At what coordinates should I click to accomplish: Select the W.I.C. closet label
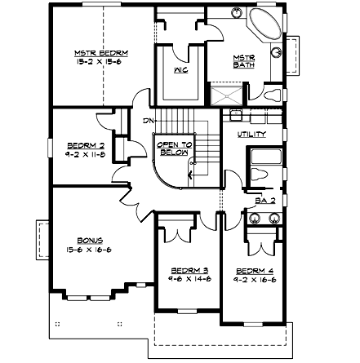pyautogui.click(x=181, y=70)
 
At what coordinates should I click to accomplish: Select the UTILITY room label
pyautogui.click(x=250, y=133)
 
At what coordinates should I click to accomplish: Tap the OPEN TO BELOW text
pyautogui.click(x=174, y=148)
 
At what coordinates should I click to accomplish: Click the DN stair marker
pyautogui.click(x=148, y=121)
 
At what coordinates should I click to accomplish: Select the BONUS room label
pyautogui.click(x=90, y=241)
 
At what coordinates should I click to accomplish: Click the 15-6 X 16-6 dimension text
pyautogui.click(x=90, y=250)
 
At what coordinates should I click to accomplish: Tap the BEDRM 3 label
pyautogui.click(x=188, y=271)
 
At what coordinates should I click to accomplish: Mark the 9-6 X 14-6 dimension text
pyautogui.click(x=188, y=279)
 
